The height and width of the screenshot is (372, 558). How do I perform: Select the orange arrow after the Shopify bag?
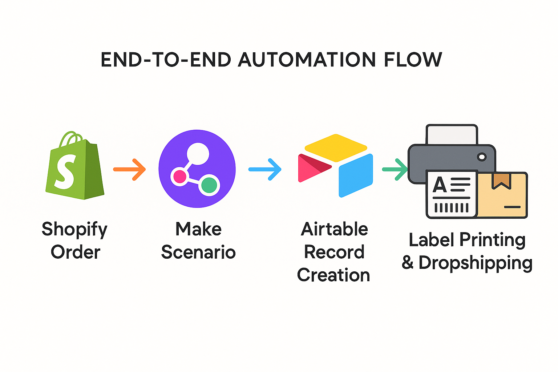point(130,169)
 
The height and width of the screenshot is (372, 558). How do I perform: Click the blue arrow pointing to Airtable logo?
point(265,169)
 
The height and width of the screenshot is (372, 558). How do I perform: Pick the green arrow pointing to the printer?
point(395,169)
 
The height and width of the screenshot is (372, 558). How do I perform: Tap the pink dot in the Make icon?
point(179,177)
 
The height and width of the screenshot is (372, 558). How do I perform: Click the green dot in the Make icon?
point(209,185)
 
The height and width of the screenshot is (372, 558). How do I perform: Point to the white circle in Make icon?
point(198,153)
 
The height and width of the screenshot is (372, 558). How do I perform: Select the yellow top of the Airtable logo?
point(336,147)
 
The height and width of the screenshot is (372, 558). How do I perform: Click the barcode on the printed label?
point(452,207)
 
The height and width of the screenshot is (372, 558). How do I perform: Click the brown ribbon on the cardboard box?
point(501,181)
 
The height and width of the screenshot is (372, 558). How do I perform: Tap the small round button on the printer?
point(482,157)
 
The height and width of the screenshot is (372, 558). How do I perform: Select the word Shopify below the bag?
point(74,230)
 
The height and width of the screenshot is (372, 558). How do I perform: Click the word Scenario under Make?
point(198,252)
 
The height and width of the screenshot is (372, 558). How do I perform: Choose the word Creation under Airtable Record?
point(333,275)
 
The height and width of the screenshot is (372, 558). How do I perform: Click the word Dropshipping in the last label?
point(475,263)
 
